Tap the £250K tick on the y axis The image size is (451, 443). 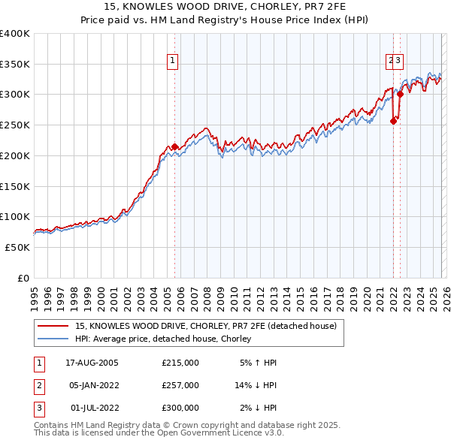coord(15,125)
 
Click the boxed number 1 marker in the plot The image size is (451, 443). coord(173,62)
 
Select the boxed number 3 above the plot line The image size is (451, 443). coord(398,62)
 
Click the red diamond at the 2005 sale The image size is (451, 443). coord(174,147)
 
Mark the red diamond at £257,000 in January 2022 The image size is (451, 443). coord(393,121)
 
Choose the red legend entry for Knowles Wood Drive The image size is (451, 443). coord(210,326)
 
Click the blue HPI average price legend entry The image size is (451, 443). coord(166,339)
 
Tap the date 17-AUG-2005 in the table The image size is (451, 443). coord(92,363)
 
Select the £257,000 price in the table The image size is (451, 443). coord(180,385)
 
